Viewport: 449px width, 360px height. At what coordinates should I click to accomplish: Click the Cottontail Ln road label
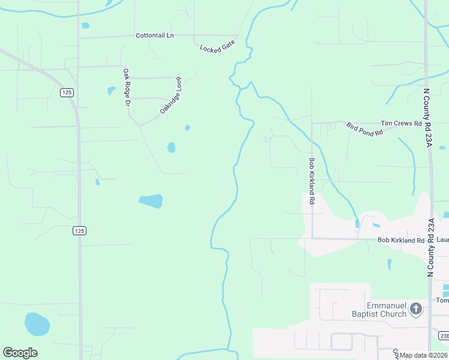point(154,35)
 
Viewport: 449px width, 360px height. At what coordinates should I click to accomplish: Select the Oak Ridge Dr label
point(127,88)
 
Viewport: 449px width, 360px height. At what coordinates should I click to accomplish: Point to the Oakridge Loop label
point(170,95)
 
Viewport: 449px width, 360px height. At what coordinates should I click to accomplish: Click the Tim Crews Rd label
point(401,123)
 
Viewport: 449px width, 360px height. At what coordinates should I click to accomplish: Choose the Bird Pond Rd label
point(364,129)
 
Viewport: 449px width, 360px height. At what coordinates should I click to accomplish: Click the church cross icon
point(416,310)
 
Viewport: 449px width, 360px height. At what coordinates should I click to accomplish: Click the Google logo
point(20,353)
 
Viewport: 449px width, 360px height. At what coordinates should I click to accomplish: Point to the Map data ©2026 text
point(423,355)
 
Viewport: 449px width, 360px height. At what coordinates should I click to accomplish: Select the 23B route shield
point(443,335)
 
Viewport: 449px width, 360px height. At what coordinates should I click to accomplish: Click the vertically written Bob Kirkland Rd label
point(312,182)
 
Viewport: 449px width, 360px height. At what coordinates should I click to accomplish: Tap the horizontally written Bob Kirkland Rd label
point(401,240)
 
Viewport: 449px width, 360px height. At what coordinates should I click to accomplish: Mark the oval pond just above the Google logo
point(37,324)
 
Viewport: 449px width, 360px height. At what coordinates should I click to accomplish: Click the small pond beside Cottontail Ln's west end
point(85,26)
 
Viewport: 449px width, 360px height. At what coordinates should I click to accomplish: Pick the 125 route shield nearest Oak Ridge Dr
point(66,92)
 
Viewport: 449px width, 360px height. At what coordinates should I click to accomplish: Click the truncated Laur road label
point(442,240)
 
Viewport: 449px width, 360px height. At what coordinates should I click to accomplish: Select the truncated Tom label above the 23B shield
point(442,301)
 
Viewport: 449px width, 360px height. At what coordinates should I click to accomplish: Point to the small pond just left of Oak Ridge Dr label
point(111,91)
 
